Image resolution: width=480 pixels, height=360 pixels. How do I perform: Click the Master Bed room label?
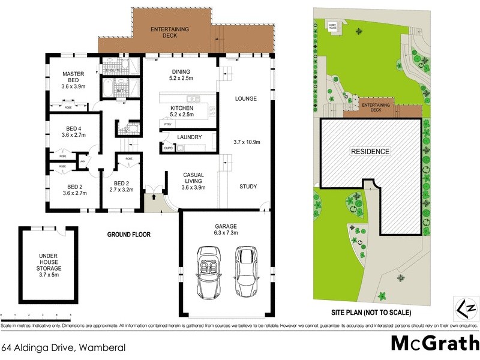pos(73,80)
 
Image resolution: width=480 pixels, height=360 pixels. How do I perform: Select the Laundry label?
pos(189,137)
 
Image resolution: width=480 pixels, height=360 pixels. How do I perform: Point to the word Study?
pos(248,187)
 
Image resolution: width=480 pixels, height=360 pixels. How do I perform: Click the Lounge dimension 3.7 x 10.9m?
pos(245,142)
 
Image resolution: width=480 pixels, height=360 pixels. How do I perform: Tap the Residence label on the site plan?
pos(370,152)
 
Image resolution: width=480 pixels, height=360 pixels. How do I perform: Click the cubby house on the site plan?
pos(332,25)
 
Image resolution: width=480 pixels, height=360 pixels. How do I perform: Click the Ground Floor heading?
pos(128,234)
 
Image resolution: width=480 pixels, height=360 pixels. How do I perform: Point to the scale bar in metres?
pos(36,315)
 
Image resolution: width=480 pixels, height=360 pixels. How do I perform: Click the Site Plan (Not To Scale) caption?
pos(371,313)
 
